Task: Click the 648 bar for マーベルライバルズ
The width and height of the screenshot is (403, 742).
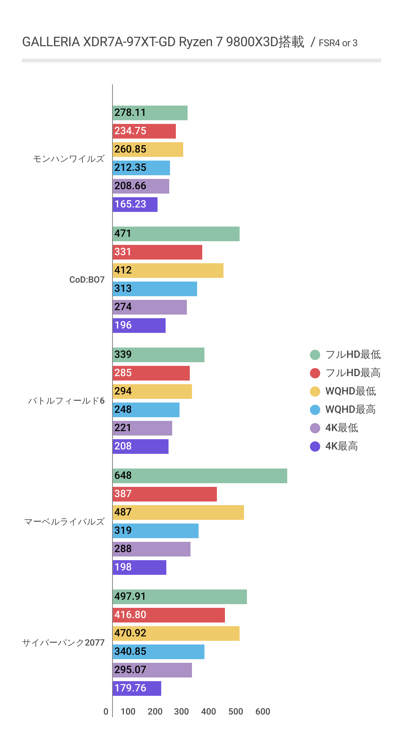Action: [x=200, y=476]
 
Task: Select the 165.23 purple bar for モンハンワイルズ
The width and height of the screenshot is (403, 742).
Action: [x=135, y=205]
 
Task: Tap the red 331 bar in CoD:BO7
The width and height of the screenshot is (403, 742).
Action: [x=157, y=252]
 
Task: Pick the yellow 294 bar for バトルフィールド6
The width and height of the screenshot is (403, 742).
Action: [x=152, y=392]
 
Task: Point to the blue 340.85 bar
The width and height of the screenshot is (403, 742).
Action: [x=158, y=652]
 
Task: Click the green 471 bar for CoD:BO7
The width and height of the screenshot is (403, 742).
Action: [x=176, y=234]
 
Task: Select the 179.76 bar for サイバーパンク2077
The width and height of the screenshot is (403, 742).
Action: [x=137, y=688]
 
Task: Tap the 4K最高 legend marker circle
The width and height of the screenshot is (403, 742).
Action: [x=315, y=446]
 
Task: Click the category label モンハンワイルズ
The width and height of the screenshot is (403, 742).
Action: [x=69, y=159]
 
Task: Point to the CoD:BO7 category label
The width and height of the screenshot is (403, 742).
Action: [x=87, y=280]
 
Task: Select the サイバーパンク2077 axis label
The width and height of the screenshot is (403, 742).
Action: [x=63, y=643]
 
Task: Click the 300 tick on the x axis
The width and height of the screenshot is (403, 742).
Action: [x=181, y=712]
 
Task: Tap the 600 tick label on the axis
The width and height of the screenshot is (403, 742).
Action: [x=263, y=712]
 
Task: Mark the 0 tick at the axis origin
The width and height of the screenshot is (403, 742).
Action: [x=106, y=712]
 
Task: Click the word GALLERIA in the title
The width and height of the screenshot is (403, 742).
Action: [x=51, y=42]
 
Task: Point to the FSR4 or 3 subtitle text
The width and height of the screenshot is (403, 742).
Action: [x=338, y=43]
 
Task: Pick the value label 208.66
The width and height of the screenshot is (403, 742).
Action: [x=130, y=186]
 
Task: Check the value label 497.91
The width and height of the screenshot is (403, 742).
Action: [x=130, y=596]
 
